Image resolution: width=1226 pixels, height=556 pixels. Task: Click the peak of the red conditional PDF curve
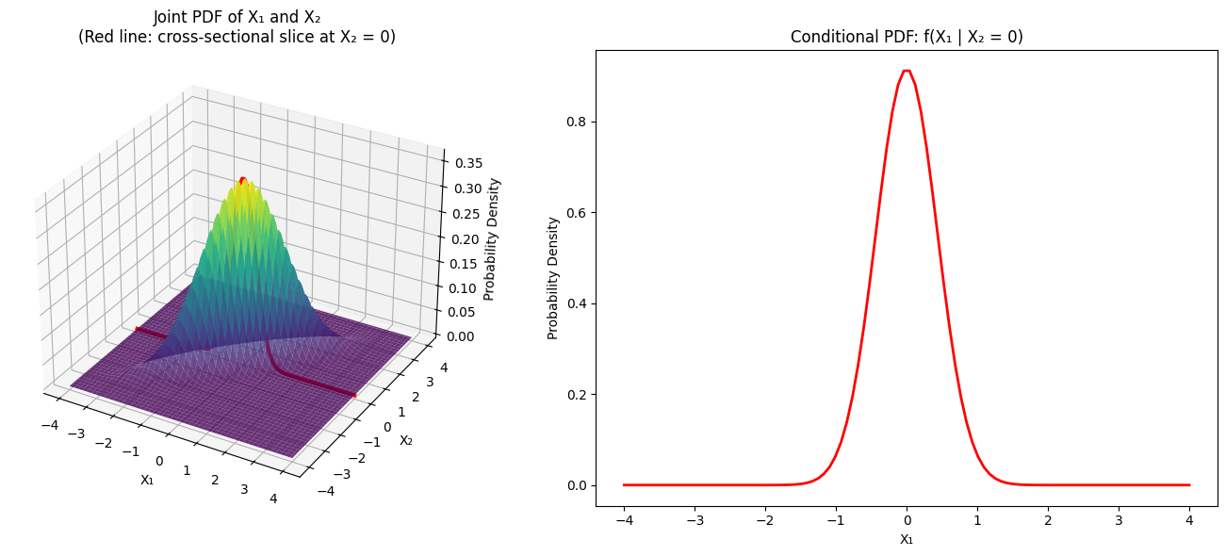point(907,71)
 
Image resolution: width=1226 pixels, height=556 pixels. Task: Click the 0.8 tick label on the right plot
point(576,123)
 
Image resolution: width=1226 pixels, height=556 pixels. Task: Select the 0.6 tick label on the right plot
point(576,213)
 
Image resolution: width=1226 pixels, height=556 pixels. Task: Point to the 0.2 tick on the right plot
point(576,395)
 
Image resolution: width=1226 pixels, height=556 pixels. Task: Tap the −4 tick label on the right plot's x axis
point(623,519)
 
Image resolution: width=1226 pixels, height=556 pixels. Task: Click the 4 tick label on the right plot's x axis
point(1189,519)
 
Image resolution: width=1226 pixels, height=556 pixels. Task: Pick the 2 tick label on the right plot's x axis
point(1048,519)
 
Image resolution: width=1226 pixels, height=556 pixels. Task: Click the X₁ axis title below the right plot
point(906,539)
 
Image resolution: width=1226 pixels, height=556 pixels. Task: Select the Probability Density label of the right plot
point(554,278)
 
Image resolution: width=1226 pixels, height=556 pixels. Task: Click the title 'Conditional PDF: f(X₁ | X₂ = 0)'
point(907,37)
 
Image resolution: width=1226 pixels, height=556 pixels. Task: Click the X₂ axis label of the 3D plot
point(406,440)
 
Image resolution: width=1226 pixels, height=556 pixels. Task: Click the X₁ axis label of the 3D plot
point(147,480)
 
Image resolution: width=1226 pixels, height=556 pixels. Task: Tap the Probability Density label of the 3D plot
point(491,238)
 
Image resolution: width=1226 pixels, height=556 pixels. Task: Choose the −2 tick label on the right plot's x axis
point(764,519)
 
